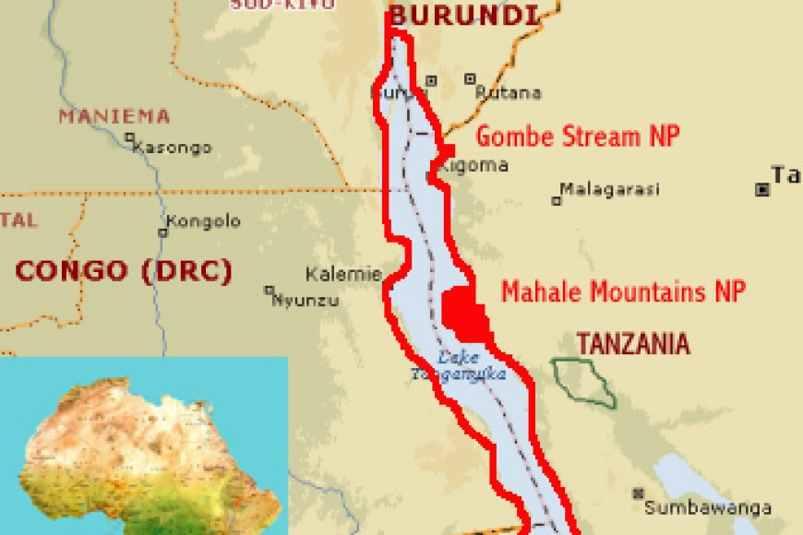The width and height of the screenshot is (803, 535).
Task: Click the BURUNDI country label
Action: (x=463, y=15)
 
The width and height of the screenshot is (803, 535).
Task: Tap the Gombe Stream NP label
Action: (x=578, y=137)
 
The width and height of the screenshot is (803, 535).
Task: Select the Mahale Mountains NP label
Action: (x=624, y=292)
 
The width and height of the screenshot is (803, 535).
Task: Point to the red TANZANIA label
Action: (x=633, y=344)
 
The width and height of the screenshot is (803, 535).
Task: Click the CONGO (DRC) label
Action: (x=124, y=270)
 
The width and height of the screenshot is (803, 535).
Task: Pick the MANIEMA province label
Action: (x=114, y=116)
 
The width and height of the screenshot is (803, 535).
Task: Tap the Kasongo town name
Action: (x=172, y=148)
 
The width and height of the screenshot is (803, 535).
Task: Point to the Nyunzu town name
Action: (x=306, y=300)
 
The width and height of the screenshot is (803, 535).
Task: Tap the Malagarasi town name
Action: (x=611, y=189)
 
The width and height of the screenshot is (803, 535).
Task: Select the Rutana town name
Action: (x=509, y=93)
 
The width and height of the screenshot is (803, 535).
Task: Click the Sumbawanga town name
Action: (x=708, y=508)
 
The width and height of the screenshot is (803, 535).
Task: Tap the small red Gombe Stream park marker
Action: (x=447, y=150)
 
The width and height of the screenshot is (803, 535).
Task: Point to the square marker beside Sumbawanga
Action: (x=637, y=493)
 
